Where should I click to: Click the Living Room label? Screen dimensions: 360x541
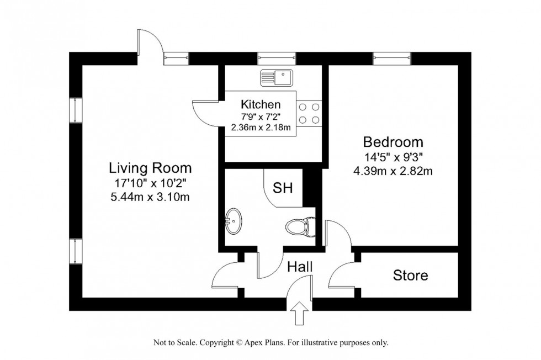(150, 167)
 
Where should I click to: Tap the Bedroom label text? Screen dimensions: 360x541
(393, 141)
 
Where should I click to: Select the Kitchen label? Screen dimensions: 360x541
(261, 104)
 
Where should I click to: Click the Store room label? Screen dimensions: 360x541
(410, 275)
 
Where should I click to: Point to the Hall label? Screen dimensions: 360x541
(300, 267)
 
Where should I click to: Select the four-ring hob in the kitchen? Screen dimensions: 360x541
(310, 113)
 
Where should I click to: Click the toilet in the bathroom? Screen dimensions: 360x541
(300, 226)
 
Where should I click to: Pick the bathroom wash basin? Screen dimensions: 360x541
(234, 221)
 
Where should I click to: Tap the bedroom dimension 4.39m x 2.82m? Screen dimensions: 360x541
(393, 171)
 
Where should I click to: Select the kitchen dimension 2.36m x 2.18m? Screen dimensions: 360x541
(261, 127)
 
